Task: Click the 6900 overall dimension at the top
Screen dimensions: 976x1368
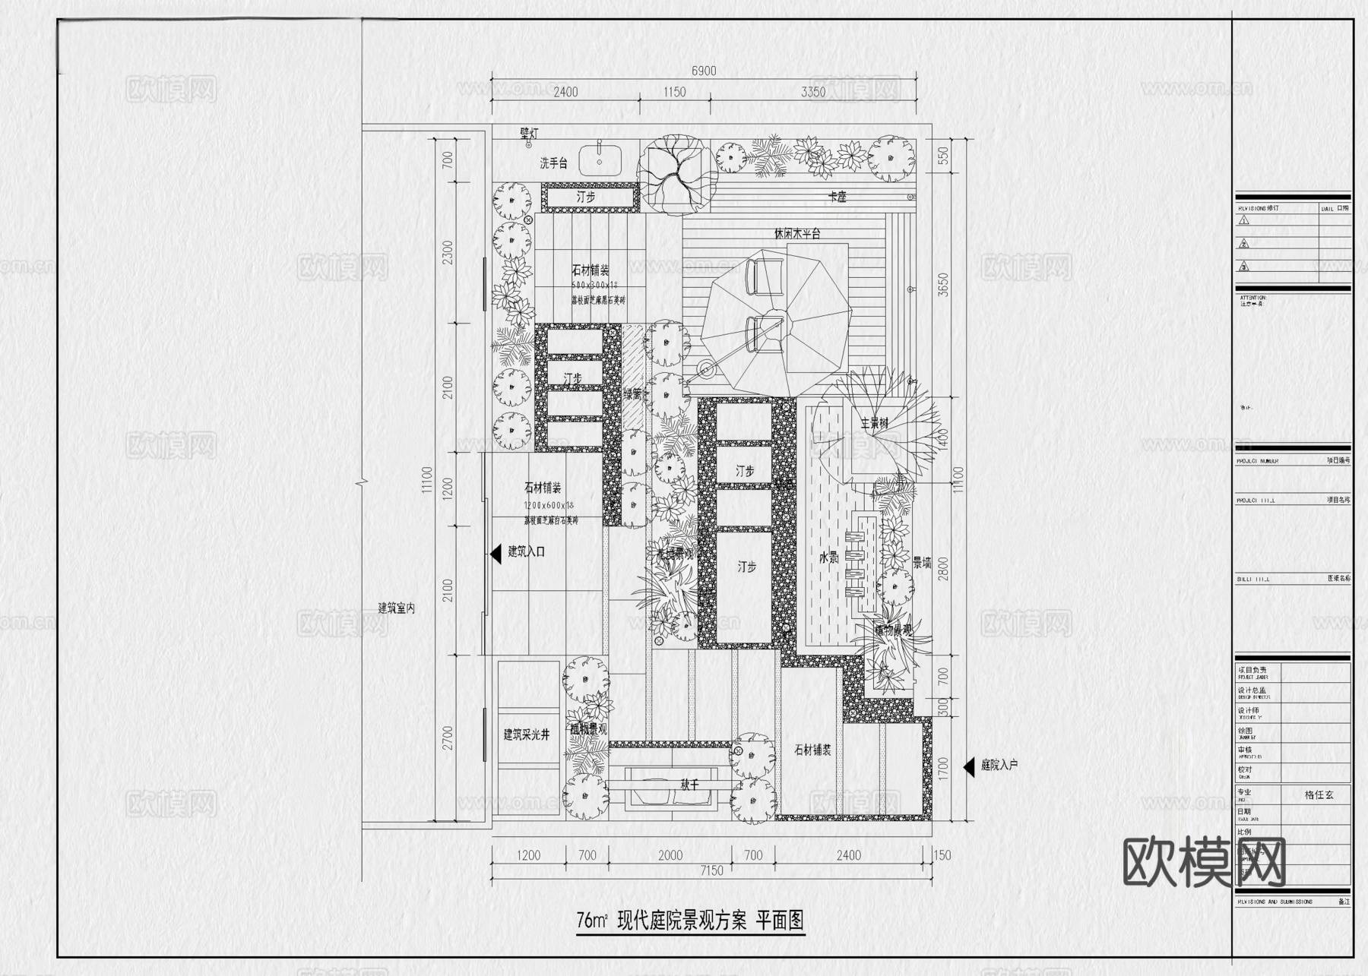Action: tap(703, 71)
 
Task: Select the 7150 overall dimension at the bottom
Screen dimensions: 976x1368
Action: tap(711, 870)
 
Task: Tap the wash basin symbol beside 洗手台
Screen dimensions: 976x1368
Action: tap(600, 161)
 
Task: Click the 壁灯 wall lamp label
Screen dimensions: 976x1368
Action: tap(529, 133)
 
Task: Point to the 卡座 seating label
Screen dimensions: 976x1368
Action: tap(837, 197)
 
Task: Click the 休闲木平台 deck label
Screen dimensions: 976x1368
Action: tap(797, 234)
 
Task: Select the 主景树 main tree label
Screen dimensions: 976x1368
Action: tap(874, 423)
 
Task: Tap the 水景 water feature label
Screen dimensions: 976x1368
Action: tap(828, 557)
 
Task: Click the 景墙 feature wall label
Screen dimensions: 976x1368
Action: tap(921, 563)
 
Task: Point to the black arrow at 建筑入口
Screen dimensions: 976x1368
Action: tap(496, 552)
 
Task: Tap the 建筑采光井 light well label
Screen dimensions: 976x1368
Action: tap(526, 734)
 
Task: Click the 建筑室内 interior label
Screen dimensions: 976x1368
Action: tap(397, 608)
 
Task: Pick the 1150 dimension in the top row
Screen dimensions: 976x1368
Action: tap(673, 92)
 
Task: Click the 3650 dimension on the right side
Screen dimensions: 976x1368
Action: tap(943, 287)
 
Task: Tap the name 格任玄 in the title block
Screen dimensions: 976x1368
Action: tap(1319, 794)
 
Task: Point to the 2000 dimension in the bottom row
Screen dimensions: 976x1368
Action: tap(670, 855)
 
